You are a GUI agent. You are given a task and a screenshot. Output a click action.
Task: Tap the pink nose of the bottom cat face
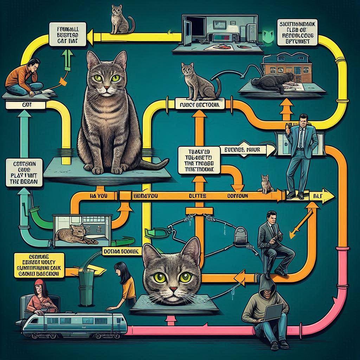tap(173, 289)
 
